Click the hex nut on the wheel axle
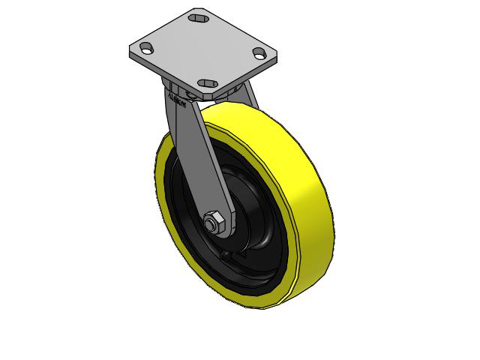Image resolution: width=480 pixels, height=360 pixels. (212, 223)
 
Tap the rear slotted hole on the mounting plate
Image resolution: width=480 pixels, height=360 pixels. (199, 16)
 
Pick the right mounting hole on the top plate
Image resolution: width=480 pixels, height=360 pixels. (259, 52)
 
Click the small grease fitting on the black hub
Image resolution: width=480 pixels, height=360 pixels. (225, 256)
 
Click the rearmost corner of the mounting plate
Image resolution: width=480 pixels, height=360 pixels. (196, 9)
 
